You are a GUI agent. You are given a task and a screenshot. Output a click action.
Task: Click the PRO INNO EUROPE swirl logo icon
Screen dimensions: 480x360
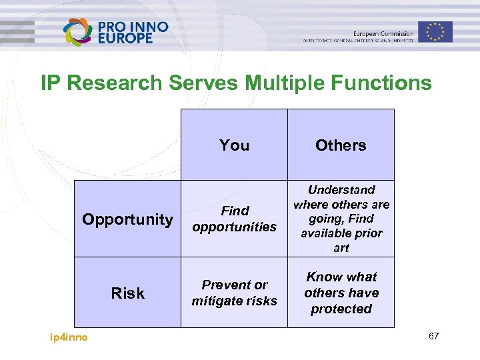point(77,31)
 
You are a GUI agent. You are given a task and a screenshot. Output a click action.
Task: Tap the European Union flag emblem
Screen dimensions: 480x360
point(435,31)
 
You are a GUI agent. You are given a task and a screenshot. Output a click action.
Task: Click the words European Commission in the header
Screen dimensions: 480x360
point(383,33)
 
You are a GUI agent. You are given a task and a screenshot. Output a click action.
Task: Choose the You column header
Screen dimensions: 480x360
point(234,145)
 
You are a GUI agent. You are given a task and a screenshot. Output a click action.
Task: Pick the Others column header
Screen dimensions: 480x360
point(341,145)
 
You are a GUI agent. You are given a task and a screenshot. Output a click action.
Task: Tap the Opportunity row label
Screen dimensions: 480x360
point(127,219)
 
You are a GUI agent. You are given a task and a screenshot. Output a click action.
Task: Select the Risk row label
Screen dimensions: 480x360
point(127,293)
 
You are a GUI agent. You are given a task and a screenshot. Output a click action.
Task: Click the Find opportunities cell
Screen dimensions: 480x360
point(234,219)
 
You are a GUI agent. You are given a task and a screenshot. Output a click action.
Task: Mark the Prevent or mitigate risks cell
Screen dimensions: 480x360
point(234,293)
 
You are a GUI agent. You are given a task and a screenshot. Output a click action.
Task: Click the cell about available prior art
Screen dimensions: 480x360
point(341,219)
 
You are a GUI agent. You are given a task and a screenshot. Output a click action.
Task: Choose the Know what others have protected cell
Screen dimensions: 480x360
point(341,293)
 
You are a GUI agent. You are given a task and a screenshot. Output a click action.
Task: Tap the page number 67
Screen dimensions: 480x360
point(433,336)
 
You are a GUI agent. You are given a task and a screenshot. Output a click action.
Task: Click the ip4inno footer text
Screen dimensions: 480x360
point(69,337)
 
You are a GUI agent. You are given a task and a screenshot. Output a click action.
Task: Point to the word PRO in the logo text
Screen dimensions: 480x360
point(111,27)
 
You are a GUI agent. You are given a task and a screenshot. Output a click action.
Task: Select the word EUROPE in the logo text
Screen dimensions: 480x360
point(125,39)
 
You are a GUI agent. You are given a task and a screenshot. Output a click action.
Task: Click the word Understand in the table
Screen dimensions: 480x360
point(341,190)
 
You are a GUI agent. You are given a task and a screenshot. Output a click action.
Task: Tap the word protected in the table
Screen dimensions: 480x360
point(341,309)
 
